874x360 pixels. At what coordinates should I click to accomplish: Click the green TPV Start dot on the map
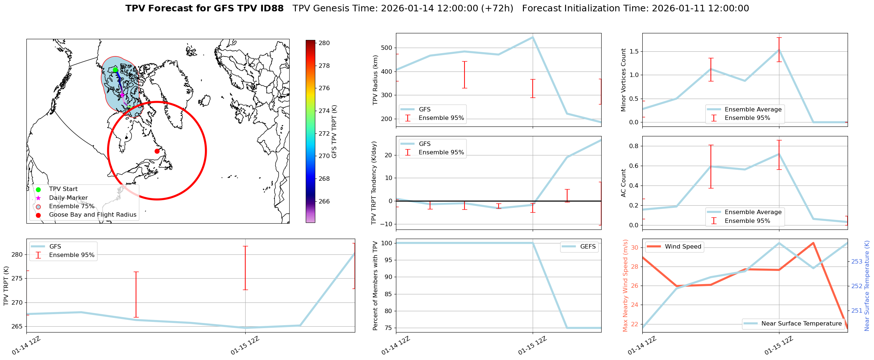point(115,70)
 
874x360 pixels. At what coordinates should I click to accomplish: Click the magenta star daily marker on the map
point(122,95)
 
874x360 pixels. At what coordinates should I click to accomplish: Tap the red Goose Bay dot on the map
point(157,151)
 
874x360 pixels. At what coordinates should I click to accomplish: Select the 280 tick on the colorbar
point(324,43)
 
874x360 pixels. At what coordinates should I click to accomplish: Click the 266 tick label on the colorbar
point(324,201)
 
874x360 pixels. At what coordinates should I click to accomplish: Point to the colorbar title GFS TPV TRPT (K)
point(334,132)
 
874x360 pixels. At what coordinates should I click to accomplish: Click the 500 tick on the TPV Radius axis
point(388,48)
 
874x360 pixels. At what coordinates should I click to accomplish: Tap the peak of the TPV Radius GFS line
point(533,37)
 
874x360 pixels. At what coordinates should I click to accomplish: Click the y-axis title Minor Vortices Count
point(624,80)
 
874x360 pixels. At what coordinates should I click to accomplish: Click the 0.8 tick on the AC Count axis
point(634,146)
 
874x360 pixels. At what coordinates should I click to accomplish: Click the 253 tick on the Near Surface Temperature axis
point(857,261)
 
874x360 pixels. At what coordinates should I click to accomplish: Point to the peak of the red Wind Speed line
point(813,243)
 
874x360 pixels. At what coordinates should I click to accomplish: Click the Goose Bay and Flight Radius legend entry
point(92,215)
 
